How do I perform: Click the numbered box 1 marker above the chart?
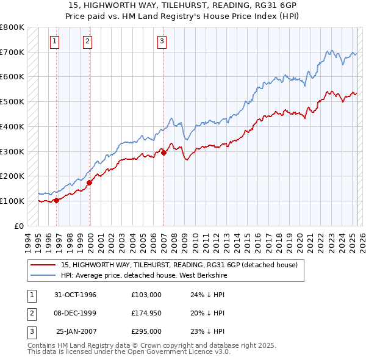pos(54,41)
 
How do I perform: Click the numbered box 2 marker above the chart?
pos(87,41)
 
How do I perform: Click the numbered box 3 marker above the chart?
pos(162,41)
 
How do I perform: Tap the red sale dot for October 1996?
pos(56,200)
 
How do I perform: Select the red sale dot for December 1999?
pos(89,182)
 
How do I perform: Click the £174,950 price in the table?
pos(146,313)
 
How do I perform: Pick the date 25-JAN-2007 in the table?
pos(77,331)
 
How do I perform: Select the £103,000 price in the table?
pos(146,295)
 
